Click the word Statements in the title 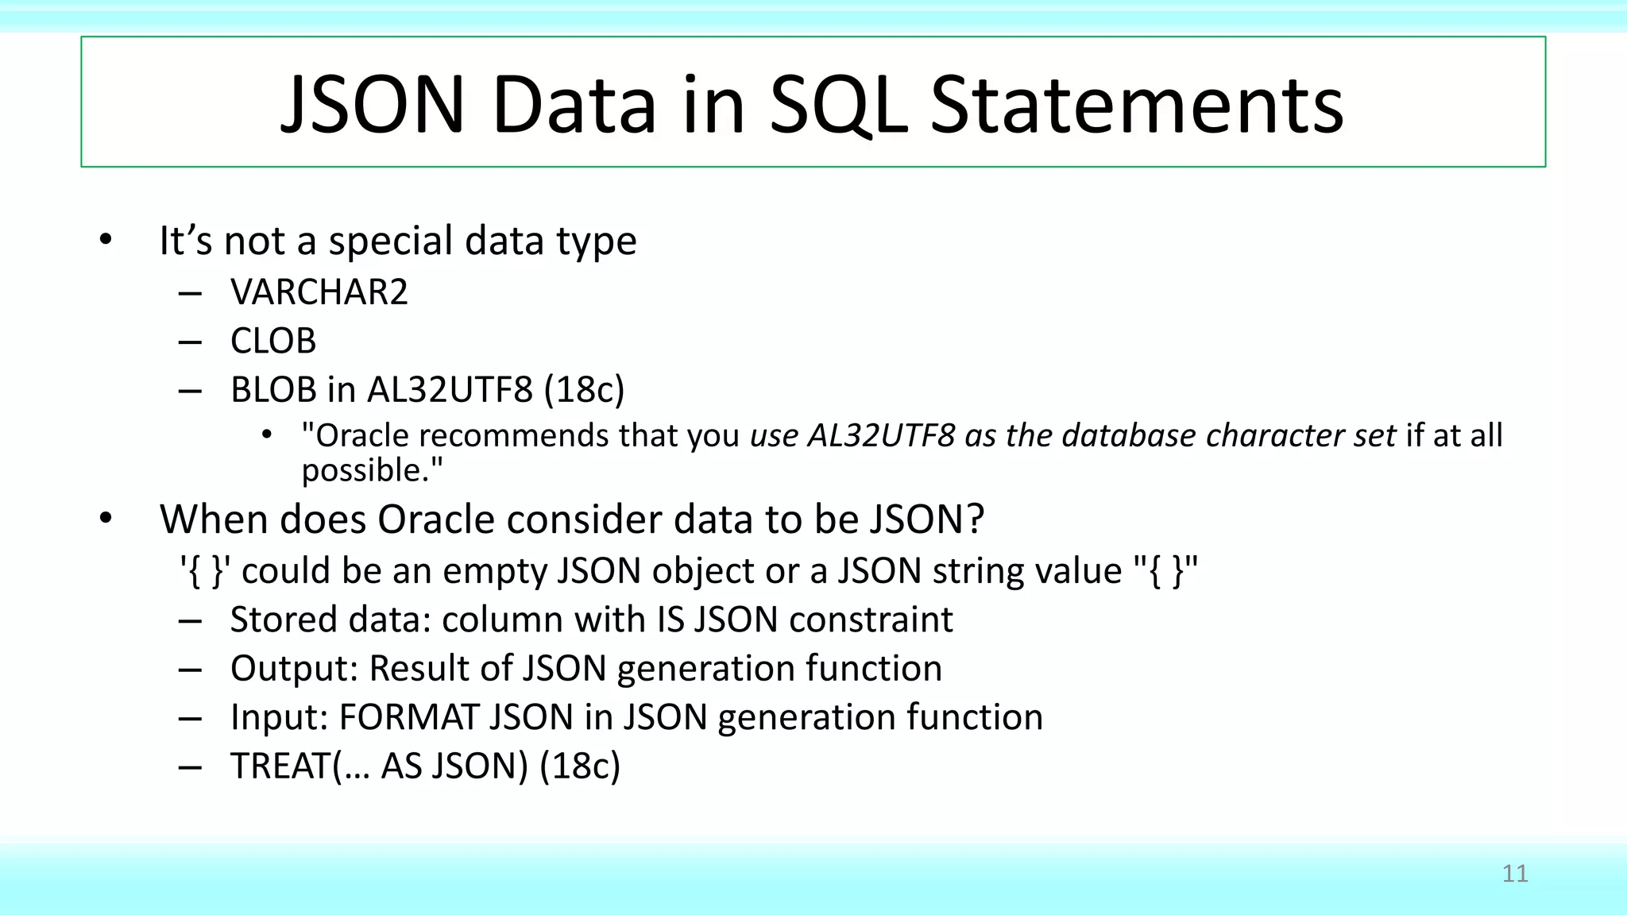click(1136, 106)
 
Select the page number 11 click(1515, 874)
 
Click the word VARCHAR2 click(319, 292)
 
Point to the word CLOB click(273, 342)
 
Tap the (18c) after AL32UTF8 click(584, 390)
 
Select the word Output click(293, 669)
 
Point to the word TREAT click(280, 766)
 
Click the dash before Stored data click(190, 621)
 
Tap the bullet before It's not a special click(106, 240)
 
